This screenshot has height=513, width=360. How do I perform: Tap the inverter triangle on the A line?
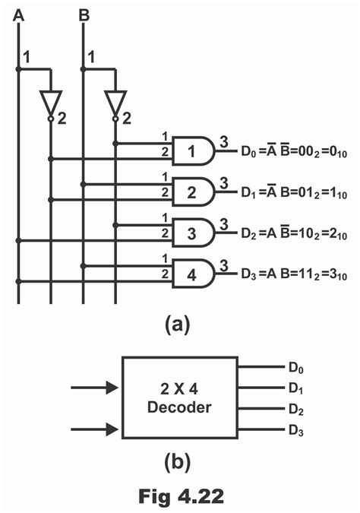[50, 102]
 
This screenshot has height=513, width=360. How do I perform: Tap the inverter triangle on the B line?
[115, 102]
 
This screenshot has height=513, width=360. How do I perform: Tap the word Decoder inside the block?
[179, 407]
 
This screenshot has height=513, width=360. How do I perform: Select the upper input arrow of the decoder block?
[94, 388]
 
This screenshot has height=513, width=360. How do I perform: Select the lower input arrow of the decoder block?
[94, 430]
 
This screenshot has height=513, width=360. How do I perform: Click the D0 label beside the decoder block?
[295, 368]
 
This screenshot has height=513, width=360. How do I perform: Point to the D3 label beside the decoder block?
[295, 431]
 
